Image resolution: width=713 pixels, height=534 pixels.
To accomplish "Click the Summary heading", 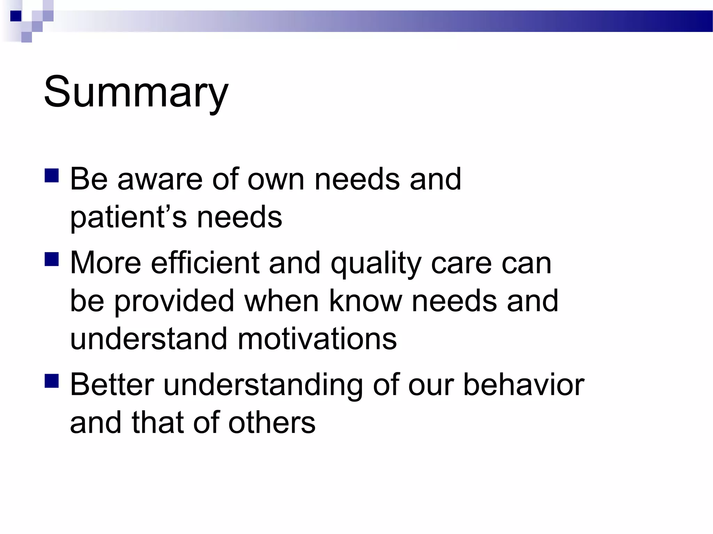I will pyautogui.click(x=136, y=92).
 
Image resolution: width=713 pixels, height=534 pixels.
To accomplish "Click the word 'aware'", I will pyautogui.click(x=160, y=180).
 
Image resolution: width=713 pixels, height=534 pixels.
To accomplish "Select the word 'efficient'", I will pyautogui.click(x=205, y=263).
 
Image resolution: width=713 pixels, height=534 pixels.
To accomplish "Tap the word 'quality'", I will pyautogui.click(x=376, y=263).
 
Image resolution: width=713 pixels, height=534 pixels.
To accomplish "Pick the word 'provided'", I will pyautogui.click(x=174, y=301).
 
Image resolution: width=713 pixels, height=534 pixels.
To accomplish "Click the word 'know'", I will pyautogui.click(x=365, y=301).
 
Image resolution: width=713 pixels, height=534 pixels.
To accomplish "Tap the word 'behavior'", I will pyautogui.click(x=524, y=385).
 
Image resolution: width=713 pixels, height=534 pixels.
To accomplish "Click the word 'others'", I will pyautogui.click(x=272, y=423).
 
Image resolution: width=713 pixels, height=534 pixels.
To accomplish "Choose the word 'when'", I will pyautogui.click(x=281, y=301).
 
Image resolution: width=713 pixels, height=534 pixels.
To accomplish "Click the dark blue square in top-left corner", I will pyautogui.click(x=16, y=16).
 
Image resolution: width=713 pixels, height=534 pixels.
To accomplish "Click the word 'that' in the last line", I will pyautogui.click(x=157, y=423).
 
